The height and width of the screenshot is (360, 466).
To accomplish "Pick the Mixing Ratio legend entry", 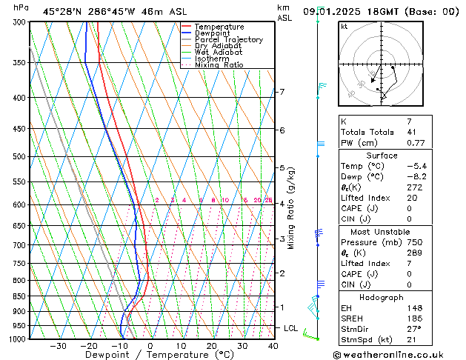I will tap(219, 65).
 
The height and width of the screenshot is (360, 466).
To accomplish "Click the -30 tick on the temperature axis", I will tap(58, 346).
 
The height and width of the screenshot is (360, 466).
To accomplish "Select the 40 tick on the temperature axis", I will tap(273, 346).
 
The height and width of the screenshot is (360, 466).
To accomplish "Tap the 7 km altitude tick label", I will tap(282, 92).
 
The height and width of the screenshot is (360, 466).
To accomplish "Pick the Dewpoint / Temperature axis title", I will tap(148, 355).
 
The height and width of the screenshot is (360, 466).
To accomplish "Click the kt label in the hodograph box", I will tap(344, 27).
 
